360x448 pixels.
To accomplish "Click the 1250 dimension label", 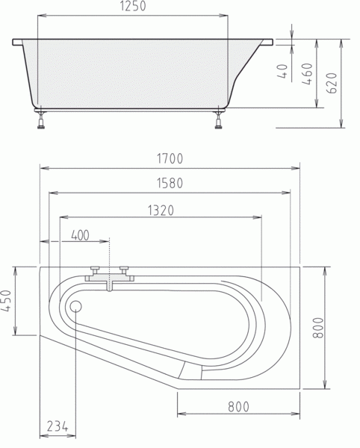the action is click(x=133, y=6).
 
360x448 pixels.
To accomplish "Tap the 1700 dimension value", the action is click(x=170, y=158).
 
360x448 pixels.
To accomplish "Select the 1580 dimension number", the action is click(x=170, y=183).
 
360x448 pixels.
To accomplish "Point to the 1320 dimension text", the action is click(x=161, y=211).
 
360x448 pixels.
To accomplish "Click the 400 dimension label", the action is click(x=80, y=236).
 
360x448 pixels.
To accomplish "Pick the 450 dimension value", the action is click(x=6, y=301).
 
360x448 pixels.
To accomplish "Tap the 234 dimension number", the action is click(x=58, y=426).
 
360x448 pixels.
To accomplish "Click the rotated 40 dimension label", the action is click(x=282, y=71).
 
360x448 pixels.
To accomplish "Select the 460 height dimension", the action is click(x=307, y=74).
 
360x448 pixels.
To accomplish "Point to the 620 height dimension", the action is click(x=332, y=83).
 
